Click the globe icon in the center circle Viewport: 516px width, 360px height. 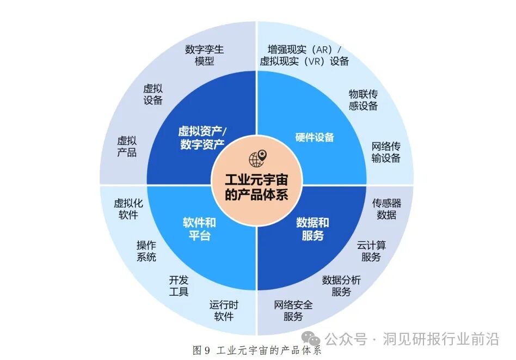[256, 158]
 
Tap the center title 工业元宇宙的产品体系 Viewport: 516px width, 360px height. [256, 186]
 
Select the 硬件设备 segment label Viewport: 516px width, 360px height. [314, 137]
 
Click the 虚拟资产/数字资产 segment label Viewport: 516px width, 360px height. [201, 138]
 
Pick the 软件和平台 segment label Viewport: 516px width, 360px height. [199, 229]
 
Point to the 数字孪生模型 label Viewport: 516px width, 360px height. [204, 55]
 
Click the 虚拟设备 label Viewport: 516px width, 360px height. [153, 94]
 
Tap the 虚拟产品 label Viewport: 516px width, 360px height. [127, 146]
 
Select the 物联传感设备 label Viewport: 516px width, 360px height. [363, 100]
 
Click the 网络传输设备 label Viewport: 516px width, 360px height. [386, 152]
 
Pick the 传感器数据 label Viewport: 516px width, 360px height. [386, 209]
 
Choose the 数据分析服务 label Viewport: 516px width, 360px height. [341, 286]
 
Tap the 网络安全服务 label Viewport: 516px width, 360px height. [293, 310]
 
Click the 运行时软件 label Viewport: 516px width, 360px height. [224, 310]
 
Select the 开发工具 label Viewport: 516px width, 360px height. [179, 286]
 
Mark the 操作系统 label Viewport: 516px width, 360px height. [146, 251]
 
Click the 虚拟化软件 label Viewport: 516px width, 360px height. [128, 209]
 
